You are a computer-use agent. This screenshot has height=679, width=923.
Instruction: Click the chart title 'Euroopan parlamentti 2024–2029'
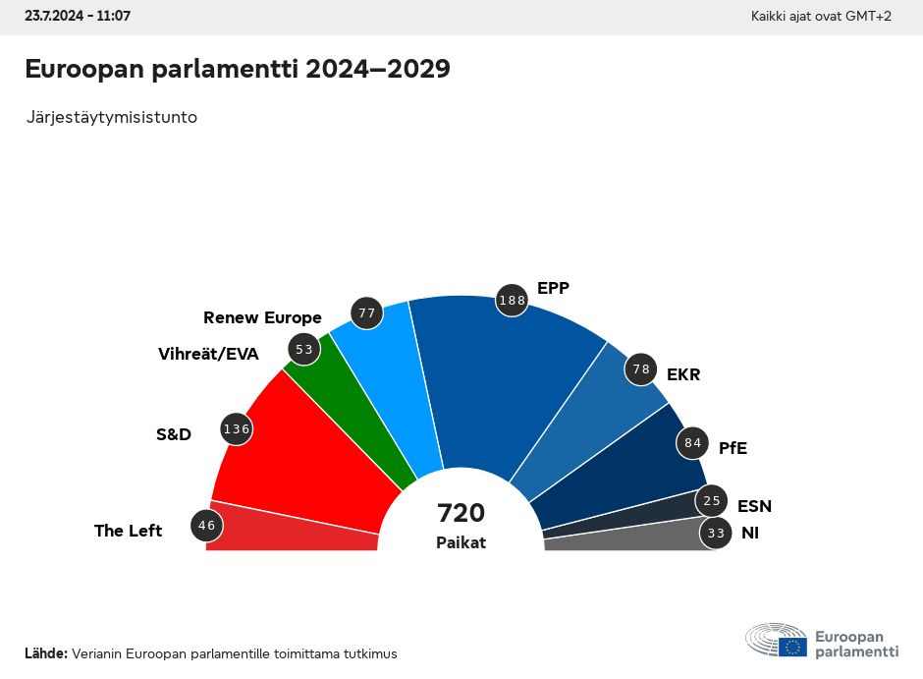point(237,70)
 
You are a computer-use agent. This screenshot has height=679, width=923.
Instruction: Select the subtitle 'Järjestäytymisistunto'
point(112,117)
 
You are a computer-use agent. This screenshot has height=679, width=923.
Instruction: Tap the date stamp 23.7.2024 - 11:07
point(78,17)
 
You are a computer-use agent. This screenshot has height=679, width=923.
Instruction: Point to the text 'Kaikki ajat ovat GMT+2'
point(821,17)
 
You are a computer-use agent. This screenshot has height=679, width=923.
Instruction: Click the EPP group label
point(553,288)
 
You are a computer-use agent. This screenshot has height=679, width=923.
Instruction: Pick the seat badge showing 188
point(512,301)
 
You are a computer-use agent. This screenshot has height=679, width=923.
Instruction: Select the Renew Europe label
point(262,317)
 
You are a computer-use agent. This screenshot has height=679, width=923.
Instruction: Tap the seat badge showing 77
point(367,313)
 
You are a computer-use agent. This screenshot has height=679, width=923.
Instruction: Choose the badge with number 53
point(303,349)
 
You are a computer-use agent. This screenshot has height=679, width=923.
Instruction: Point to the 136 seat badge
point(237,428)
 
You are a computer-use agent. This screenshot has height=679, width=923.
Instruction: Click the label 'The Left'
point(128,531)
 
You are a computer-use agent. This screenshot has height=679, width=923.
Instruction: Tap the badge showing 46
point(206,526)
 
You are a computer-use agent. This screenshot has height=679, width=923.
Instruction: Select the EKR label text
point(683,374)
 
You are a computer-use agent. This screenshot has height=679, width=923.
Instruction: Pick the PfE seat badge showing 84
point(692,442)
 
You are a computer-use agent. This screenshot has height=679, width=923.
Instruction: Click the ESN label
point(754,506)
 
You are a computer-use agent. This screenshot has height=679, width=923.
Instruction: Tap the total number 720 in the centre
point(461,513)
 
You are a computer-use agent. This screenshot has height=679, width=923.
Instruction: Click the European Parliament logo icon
point(776,640)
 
